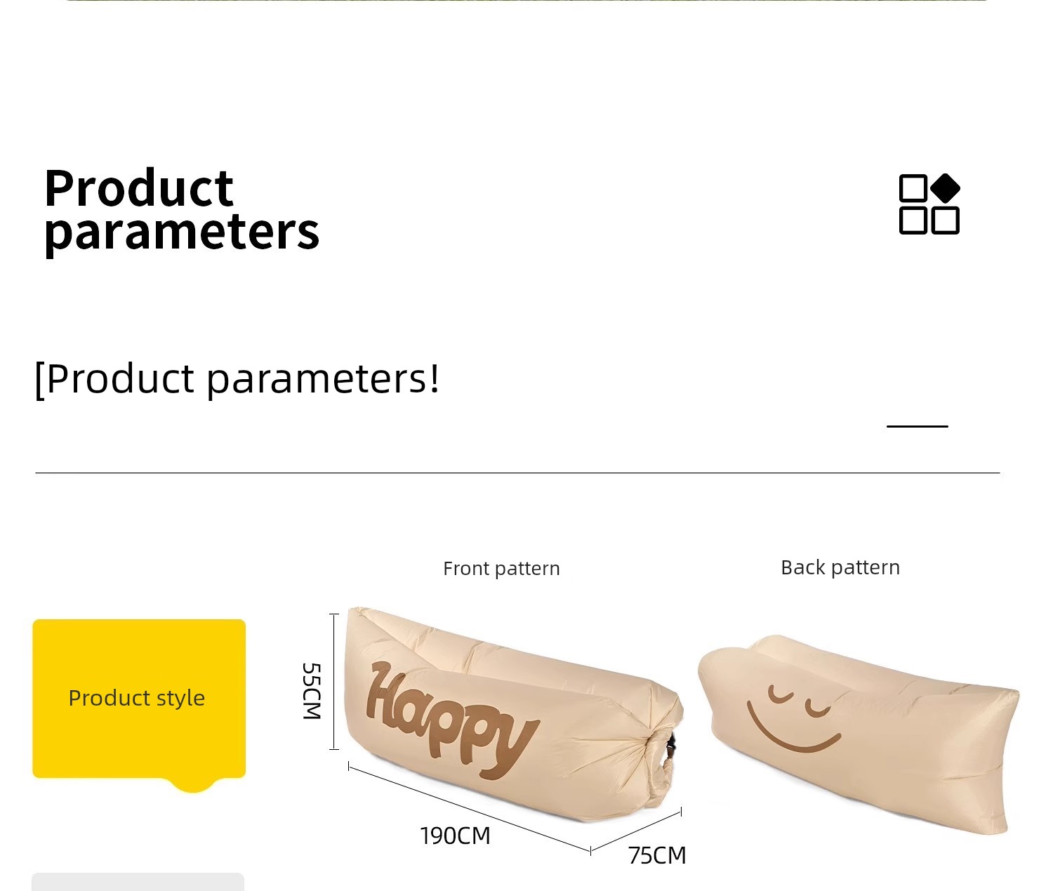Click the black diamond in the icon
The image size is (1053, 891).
pos(945,188)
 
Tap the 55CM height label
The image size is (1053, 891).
pos(312,691)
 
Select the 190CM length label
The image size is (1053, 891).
pos(455,836)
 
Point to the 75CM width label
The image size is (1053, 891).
pos(657,855)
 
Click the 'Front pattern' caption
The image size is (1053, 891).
pos(501,569)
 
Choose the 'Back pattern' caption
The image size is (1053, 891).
pos(840,567)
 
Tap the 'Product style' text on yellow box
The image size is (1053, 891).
pos(136,698)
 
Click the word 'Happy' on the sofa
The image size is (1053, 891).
pos(451,719)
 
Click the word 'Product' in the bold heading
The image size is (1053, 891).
pos(139,188)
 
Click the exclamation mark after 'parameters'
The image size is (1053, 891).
pos(434,378)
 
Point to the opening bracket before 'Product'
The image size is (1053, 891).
pos(40,381)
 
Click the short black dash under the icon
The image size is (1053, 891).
pos(917,426)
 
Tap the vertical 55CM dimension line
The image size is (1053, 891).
pos(333,682)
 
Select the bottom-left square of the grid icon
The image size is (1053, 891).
pos(913,220)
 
